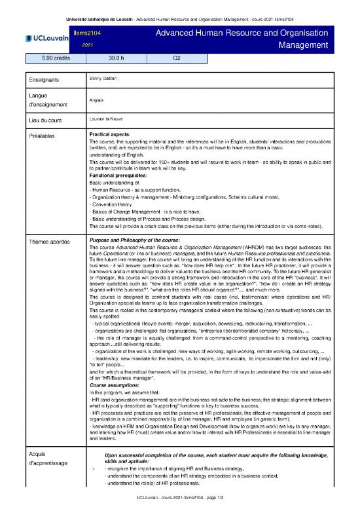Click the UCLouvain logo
point(46,38)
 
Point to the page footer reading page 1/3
point(179,503)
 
